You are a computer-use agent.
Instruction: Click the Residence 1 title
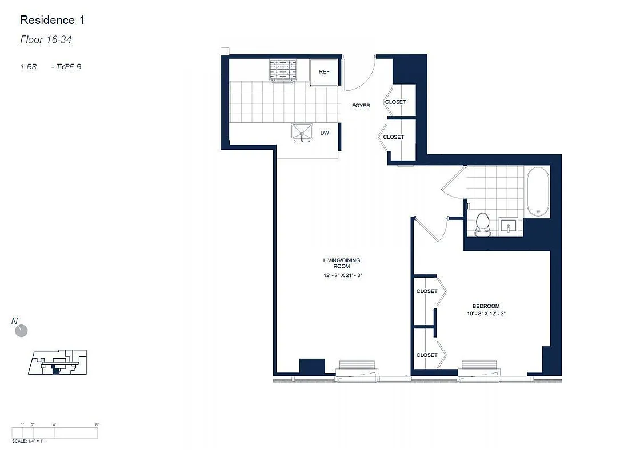pyautogui.click(x=52, y=21)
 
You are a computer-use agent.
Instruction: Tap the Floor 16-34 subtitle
pyautogui.click(x=45, y=40)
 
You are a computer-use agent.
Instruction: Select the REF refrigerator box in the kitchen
pyautogui.click(x=324, y=73)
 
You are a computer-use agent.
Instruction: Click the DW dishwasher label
pyautogui.click(x=324, y=133)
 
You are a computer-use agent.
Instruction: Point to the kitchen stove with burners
pyautogui.click(x=283, y=70)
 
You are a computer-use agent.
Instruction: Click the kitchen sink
pyautogui.click(x=302, y=133)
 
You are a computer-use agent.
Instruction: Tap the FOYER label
pyautogui.click(x=361, y=106)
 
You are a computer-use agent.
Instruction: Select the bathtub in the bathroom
pyautogui.click(x=537, y=191)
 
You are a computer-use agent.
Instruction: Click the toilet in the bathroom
pyautogui.click(x=483, y=224)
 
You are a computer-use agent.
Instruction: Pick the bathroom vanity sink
pyautogui.click(x=509, y=226)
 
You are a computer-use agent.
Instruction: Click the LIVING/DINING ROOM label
pyautogui.click(x=342, y=263)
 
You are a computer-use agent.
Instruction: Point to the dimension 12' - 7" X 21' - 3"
pyautogui.click(x=342, y=275)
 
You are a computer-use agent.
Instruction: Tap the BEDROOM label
pyautogui.click(x=486, y=306)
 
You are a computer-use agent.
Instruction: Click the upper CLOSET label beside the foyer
pyautogui.click(x=395, y=102)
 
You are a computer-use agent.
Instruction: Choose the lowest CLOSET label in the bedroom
pyautogui.click(x=426, y=355)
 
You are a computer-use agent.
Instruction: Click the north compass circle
pyautogui.click(x=22, y=331)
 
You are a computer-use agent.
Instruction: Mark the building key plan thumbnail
pyautogui.click(x=57, y=363)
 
